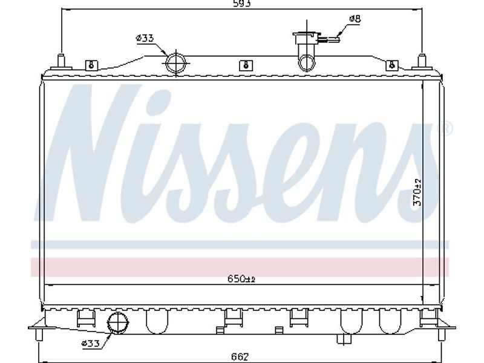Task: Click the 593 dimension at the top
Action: click(x=241, y=3)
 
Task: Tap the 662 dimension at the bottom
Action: click(x=240, y=356)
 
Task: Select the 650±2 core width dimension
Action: click(x=241, y=279)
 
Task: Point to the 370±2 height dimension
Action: click(x=417, y=192)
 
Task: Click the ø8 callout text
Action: click(x=355, y=19)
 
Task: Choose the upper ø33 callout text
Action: click(x=145, y=38)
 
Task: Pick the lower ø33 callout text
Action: click(x=90, y=343)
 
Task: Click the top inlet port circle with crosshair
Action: click(x=176, y=63)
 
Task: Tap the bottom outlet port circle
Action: click(x=117, y=323)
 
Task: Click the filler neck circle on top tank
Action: click(x=307, y=63)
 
